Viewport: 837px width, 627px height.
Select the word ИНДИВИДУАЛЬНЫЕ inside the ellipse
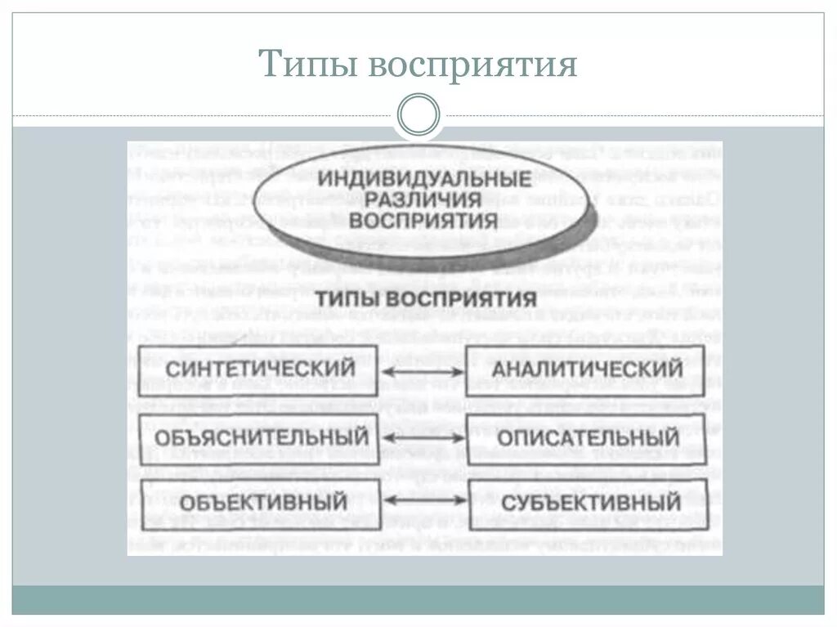(x=424, y=177)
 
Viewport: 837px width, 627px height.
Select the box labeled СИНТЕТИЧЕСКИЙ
(x=258, y=369)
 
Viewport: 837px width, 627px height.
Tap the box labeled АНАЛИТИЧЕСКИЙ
(x=585, y=369)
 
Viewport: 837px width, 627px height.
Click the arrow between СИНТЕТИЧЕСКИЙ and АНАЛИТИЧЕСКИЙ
(x=423, y=372)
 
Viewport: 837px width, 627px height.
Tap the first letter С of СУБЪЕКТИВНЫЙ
(x=507, y=501)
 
